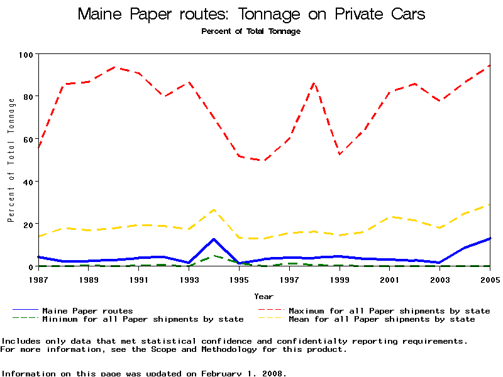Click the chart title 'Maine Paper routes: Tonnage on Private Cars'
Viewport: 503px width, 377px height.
251,14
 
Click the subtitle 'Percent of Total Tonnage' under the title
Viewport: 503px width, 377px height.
251,31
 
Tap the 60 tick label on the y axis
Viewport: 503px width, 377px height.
27,139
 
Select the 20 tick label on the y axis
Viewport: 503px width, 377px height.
27,224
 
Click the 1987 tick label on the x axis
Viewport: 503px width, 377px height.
38,278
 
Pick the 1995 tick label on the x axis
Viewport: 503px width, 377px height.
239,278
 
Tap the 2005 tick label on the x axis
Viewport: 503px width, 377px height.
490,278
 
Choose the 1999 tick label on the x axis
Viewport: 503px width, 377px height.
340,278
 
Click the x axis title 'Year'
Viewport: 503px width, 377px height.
263,296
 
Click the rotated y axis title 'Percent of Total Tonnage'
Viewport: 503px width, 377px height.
11,160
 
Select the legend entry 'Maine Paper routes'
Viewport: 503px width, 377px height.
87,310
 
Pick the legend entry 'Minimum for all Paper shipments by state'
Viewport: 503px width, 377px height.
143,319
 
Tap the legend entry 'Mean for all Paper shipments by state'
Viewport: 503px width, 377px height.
382,319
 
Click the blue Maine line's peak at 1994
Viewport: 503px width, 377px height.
214,239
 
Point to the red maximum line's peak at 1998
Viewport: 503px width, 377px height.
314,83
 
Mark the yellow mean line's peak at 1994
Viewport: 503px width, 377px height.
214,209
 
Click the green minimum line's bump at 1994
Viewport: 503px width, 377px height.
214,256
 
